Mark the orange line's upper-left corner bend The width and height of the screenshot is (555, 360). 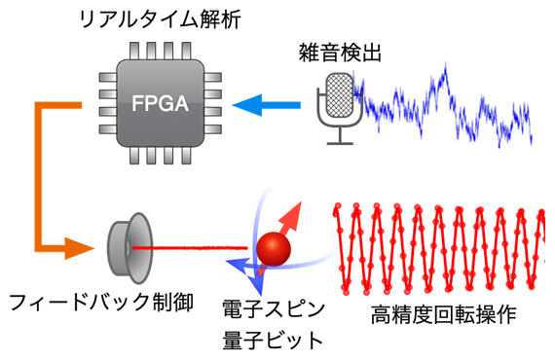[x=42, y=102]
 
